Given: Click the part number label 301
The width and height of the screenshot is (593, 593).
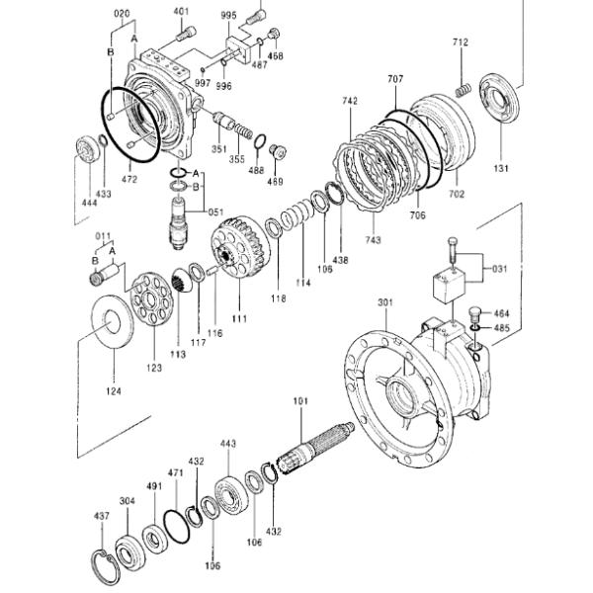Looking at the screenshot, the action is (x=385, y=302).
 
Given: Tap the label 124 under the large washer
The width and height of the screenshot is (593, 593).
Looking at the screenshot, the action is (x=114, y=391).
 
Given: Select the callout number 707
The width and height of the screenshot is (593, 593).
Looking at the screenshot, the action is (x=395, y=79).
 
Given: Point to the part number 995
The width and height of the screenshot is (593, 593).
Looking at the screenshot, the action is (x=229, y=15).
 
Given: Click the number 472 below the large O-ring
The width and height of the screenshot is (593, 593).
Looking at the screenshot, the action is (x=129, y=179).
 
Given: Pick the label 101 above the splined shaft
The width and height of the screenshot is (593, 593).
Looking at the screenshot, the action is (x=300, y=401).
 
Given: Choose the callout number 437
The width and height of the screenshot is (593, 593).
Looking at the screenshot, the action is (x=102, y=516).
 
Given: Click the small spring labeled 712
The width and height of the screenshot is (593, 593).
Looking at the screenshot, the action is (x=463, y=90).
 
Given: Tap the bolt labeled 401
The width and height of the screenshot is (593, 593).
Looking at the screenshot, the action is (x=186, y=34).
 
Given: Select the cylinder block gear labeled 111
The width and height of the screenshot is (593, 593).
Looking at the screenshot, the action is (x=240, y=248).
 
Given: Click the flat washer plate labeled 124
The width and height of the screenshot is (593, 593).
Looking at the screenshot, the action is (x=113, y=321).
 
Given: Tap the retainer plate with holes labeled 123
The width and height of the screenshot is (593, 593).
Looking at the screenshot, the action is (x=152, y=298).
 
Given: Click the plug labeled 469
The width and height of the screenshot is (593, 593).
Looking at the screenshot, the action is (x=278, y=151).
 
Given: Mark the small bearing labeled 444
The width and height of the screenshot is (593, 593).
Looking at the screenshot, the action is (x=88, y=149).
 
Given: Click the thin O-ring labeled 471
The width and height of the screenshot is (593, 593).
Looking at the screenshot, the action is (x=177, y=526).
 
